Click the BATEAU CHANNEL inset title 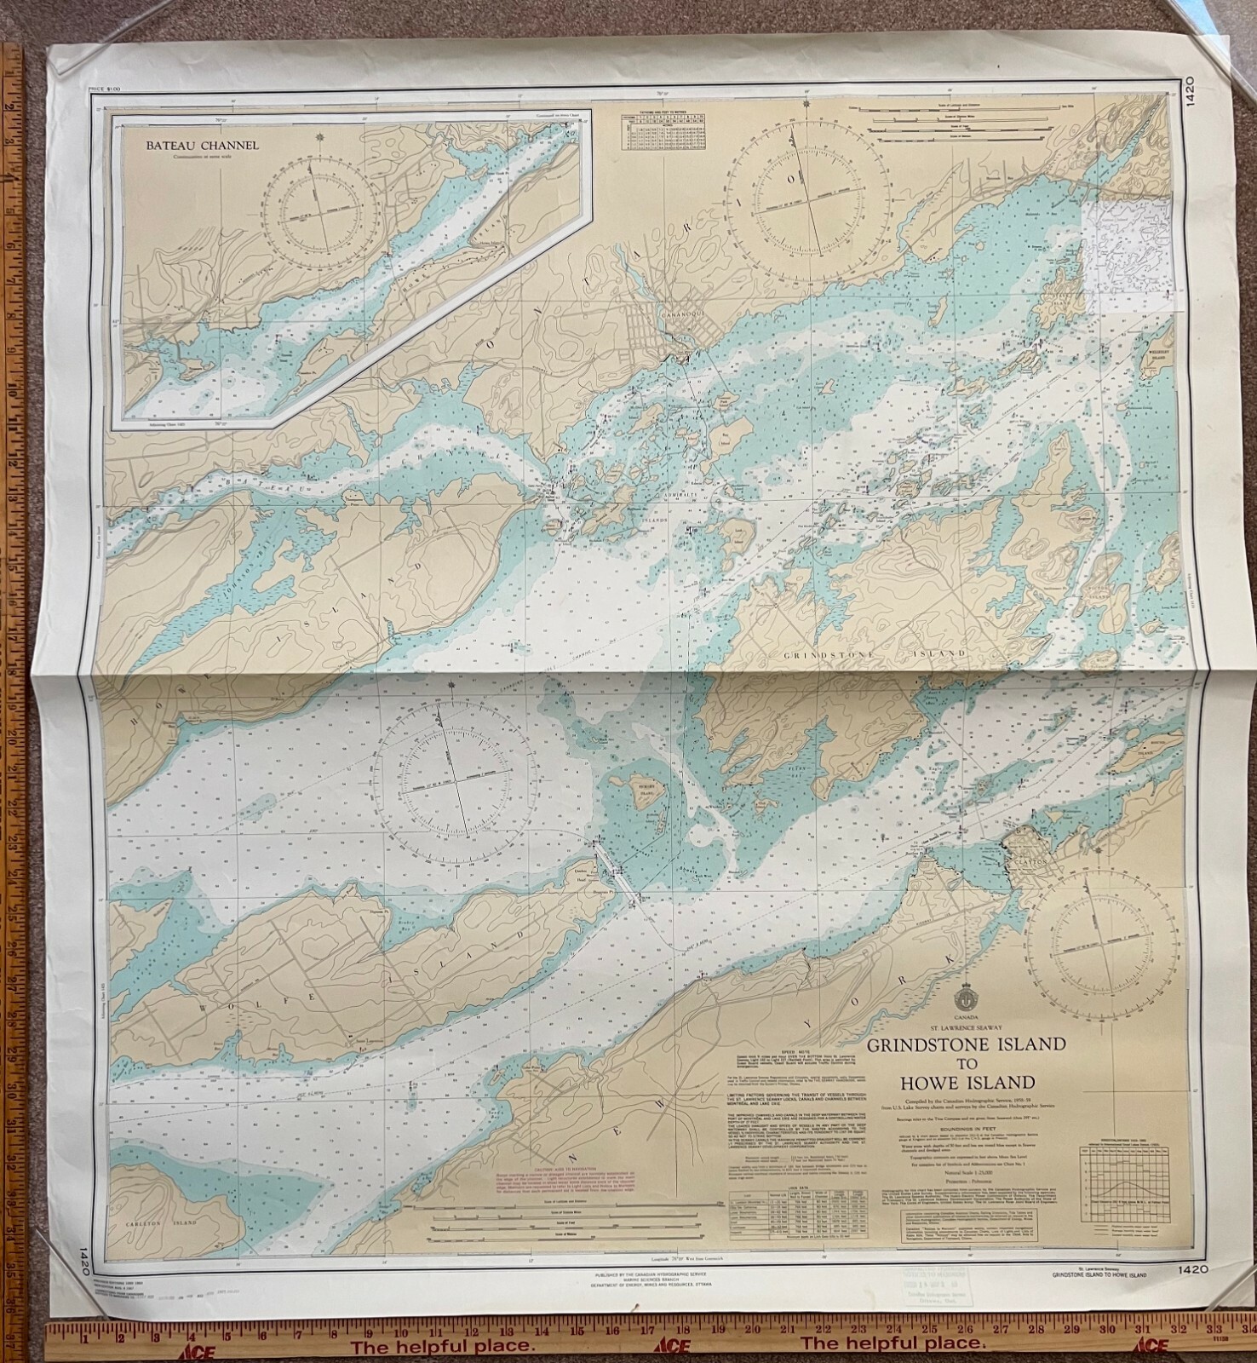[x=202, y=145]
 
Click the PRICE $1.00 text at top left [x=102, y=89]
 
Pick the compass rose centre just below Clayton [x=1098, y=968]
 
